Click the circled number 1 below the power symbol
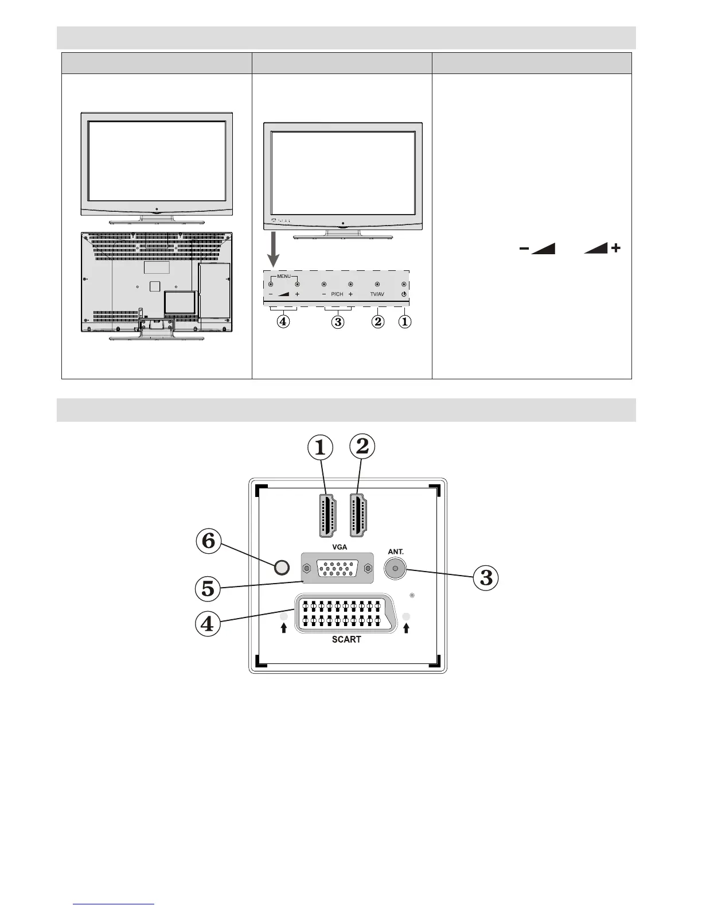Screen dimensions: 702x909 (404, 322)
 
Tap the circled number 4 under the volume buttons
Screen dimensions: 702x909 (282, 322)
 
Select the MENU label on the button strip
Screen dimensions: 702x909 (284, 276)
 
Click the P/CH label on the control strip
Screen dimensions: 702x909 (337, 294)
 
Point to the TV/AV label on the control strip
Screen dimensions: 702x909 (377, 294)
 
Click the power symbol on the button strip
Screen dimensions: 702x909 (404, 294)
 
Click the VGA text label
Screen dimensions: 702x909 (340, 547)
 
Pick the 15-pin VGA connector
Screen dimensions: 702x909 (337, 569)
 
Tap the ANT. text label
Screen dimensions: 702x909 (396, 551)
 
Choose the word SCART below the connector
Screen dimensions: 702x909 (346, 639)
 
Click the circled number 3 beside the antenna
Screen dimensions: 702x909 (486, 577)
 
